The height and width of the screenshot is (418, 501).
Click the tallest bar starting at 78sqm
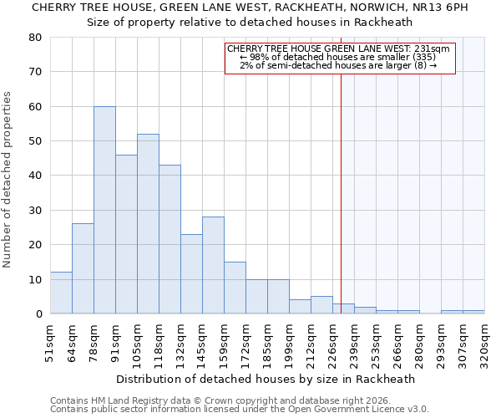104,210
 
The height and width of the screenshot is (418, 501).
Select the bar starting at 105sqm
148,224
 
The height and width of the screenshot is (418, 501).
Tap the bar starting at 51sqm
61,293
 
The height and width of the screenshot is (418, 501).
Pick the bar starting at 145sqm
213,265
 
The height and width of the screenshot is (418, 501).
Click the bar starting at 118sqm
170,239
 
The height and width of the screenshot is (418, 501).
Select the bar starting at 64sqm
83,268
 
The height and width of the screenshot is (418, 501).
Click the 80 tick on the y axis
36,38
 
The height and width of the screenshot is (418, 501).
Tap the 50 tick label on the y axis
36,141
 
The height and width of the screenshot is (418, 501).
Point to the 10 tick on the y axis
36,279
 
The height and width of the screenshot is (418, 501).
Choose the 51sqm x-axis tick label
51,343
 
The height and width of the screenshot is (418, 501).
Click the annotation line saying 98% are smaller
339,57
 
